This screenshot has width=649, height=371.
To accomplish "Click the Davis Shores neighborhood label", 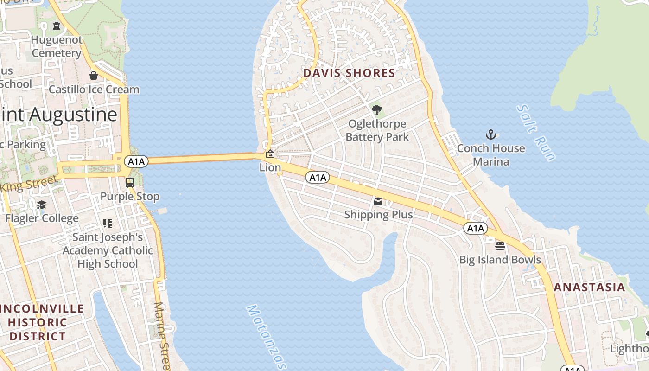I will click(349, 73).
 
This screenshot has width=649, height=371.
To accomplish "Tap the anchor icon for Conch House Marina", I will click(491, 135).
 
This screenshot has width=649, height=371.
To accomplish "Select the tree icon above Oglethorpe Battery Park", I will click(377, 110).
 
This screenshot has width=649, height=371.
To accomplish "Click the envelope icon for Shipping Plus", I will click(378, 201).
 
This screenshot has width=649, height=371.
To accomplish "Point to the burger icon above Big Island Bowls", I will click(500, 246).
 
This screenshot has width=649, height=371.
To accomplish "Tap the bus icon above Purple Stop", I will click(130, 183).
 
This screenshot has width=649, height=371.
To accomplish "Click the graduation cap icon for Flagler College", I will click(42, 205).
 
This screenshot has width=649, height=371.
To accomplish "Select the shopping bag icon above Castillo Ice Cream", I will click(94, 76).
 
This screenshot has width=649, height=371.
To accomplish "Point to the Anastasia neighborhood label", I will click(590, 287).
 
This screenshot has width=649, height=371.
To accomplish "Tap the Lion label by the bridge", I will click(270, 167).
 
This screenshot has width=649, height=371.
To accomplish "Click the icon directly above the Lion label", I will click(270, 154).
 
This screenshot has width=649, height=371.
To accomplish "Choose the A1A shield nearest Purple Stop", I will click(136, 161).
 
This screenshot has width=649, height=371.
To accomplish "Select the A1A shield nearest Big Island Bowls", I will click(476, 228).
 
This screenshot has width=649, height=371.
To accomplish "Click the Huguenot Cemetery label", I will click(56, 46).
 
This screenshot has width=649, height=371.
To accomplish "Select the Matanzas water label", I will click(266, 336).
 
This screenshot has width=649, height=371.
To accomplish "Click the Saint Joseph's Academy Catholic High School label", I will click(108, 250).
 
